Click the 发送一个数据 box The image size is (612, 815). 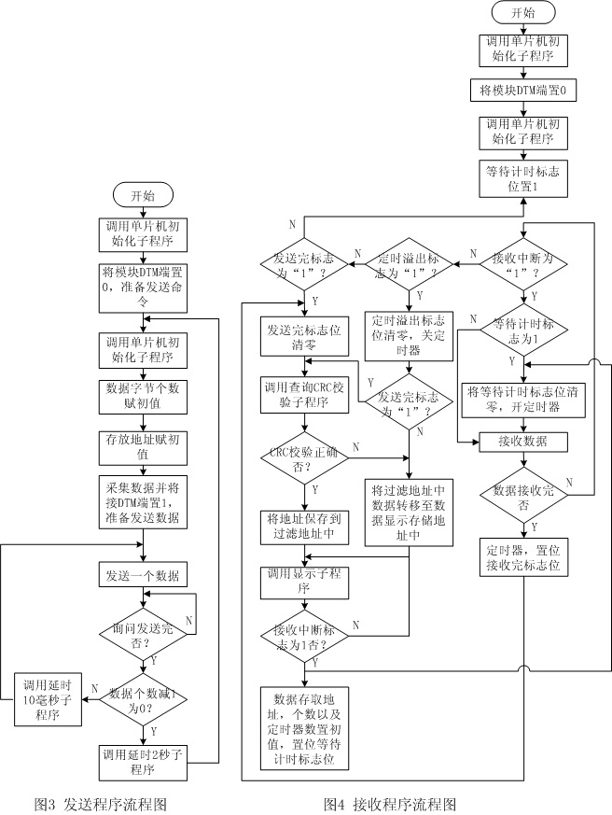(144, 572)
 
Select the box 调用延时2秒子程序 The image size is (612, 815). (143, 762)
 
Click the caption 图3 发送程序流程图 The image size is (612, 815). (100, 803)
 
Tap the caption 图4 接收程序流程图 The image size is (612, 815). (389, 803)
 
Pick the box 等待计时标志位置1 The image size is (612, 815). (522, 178)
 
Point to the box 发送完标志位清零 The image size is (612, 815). (304, 336)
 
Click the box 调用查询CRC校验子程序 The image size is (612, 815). (304, 392)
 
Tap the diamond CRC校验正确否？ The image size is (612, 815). (304, 458)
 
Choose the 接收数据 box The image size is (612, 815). (522, 442)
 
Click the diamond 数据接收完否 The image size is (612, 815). (522, 496)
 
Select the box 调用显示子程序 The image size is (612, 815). (304, 581)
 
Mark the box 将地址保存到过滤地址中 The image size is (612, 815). (304, 526)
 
